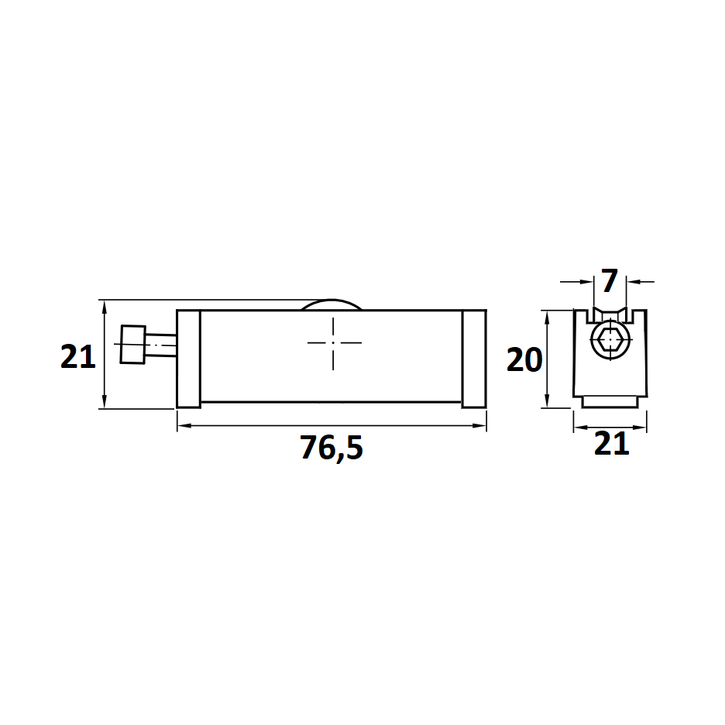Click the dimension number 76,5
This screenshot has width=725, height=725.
click(332, 448)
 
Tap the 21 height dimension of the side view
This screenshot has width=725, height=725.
click(77, 356)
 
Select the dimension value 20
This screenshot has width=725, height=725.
click(524, 360)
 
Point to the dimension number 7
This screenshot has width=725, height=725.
click(610, 280)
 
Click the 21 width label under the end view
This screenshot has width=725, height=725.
click(611, 443)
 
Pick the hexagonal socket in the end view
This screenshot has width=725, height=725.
click(610, 341)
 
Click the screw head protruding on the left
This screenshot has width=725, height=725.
click(133, 345)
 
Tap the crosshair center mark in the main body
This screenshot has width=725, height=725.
click(333, 343)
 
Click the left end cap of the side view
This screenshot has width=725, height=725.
click(189, 359)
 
